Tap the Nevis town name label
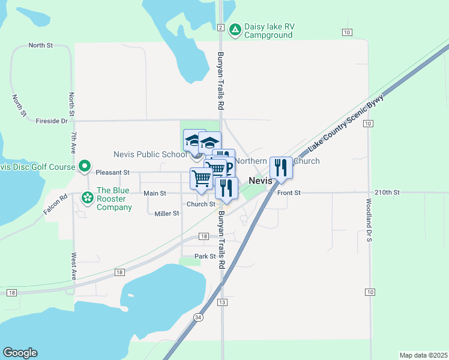[261, 181]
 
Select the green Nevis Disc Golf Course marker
[85, 166]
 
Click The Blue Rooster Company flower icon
[88, 197]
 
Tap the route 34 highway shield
[198, 316]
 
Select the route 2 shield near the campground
[221, 28]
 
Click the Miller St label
[167, 214]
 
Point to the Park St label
[205, 256]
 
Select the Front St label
[288, 193]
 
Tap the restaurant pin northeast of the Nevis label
[280, 167]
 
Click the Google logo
[20, 353]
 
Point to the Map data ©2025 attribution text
[423, 355]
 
